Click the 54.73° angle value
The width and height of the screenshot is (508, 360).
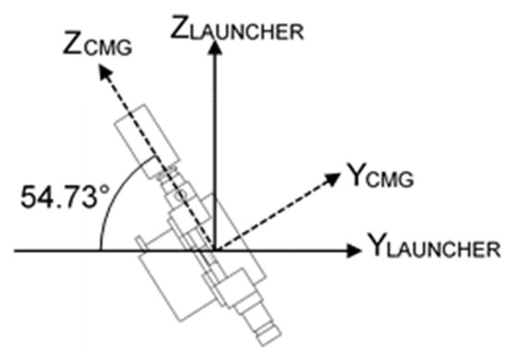57,196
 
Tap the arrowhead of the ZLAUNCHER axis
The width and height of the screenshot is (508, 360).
214,43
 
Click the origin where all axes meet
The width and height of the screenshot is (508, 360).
214,249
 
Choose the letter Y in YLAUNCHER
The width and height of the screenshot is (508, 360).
376,246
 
